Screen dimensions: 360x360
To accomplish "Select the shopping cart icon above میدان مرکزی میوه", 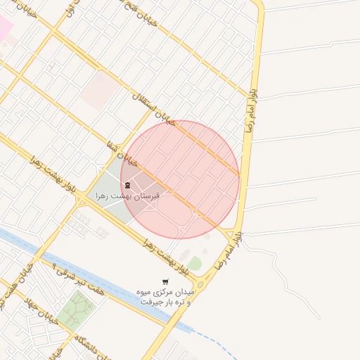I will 165,281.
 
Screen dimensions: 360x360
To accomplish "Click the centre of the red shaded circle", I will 180,180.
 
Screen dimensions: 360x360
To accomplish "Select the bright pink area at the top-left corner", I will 4,27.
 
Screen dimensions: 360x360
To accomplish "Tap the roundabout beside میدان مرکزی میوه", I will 202,283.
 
